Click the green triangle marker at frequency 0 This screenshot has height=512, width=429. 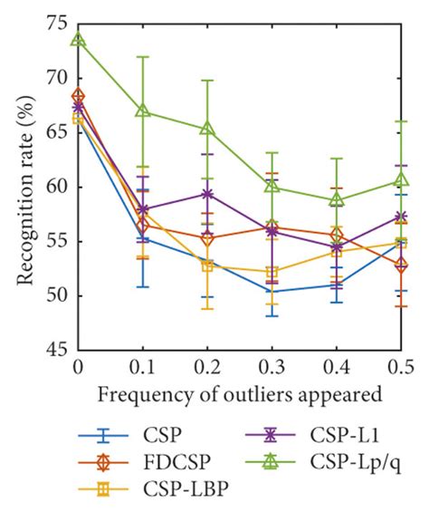(79, 40)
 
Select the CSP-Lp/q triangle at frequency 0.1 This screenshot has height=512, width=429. (142, 111)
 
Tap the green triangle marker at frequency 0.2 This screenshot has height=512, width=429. (206, 129)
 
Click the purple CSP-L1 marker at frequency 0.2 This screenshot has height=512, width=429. (206, 194)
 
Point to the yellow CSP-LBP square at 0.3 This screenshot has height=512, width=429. (272, 271)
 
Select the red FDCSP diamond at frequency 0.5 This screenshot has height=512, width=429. (400, 265)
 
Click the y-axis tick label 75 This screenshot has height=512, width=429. (56, 24)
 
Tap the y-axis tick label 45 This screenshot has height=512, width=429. (56, 350)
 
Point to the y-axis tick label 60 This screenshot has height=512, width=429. (56, 187)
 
